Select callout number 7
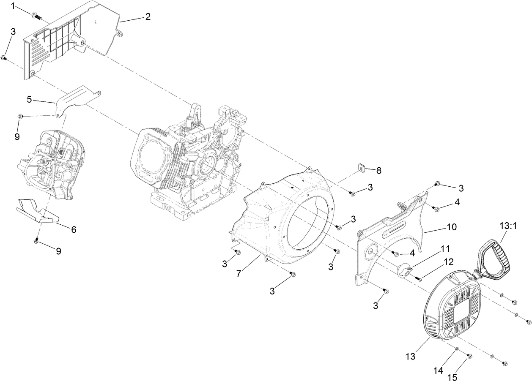pos(239,273)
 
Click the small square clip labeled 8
pos(361,168)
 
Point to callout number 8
pos(378,170)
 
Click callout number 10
pos(451,227)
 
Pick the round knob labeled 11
pos(406,269)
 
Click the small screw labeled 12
pos(418,278)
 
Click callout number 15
pos(452,377)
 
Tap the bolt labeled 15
pos(470,357)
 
